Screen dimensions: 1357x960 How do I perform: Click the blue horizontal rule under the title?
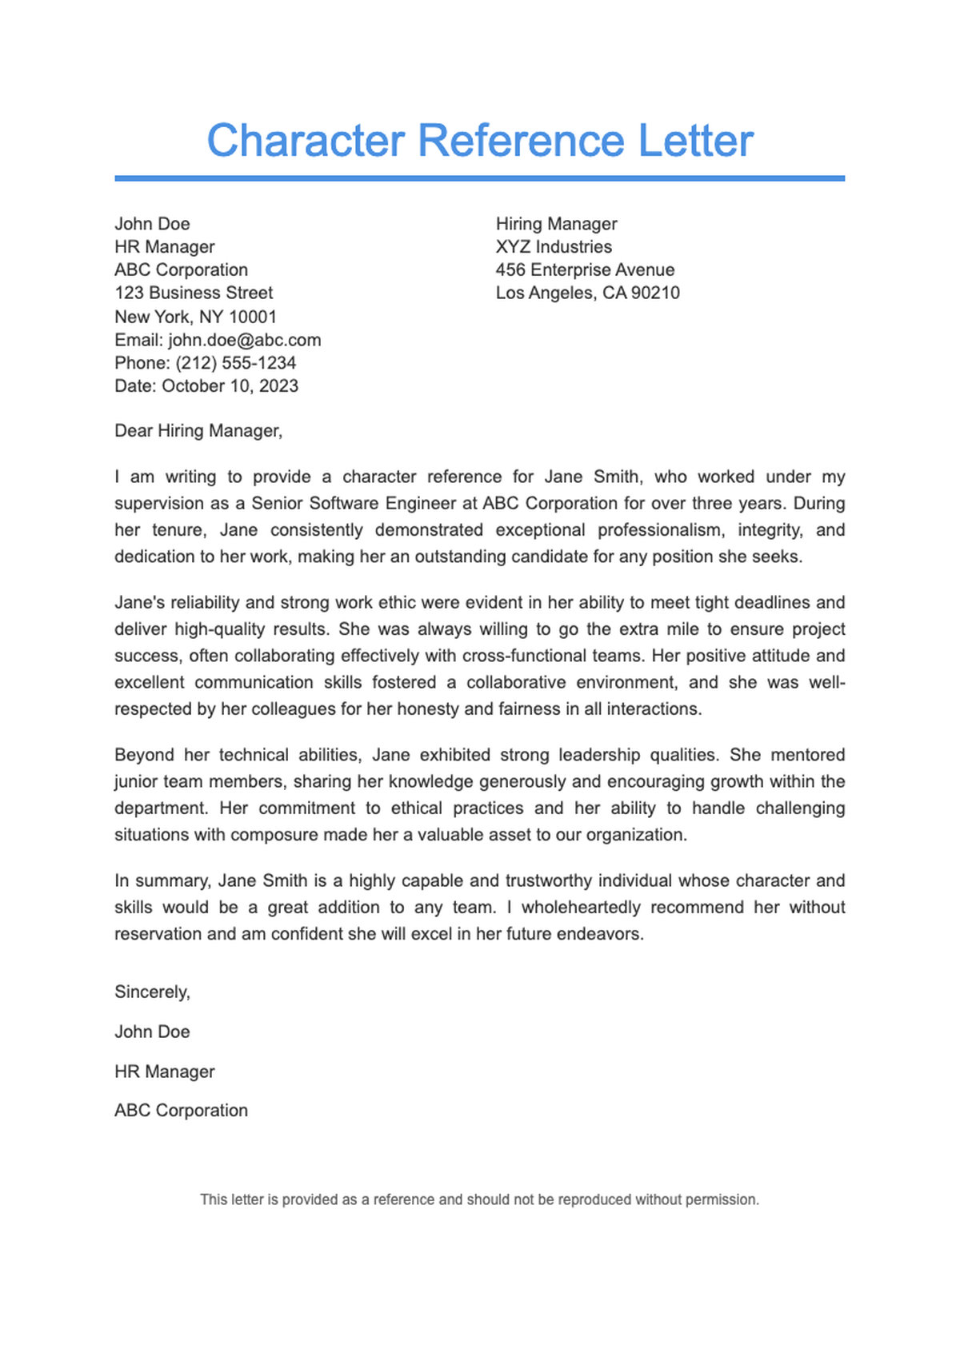coord(480,178)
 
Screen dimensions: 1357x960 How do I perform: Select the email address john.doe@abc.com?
coord(244,340)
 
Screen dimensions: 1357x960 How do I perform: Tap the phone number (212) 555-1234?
coord(236,363)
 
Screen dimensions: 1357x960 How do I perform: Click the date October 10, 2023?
coord(230,386)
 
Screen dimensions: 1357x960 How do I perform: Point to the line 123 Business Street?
coord(194,293)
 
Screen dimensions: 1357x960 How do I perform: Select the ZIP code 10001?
coord(253,317)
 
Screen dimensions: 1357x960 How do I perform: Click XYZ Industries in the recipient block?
coord(554,247)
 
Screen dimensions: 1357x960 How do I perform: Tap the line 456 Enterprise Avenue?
coord(585,270)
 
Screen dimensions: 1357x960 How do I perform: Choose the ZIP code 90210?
coord(655,293)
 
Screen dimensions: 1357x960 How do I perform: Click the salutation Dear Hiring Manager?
coord(198,431)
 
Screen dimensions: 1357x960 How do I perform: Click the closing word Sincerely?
coord(152,992)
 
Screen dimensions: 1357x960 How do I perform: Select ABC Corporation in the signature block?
coord(181,1111)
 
